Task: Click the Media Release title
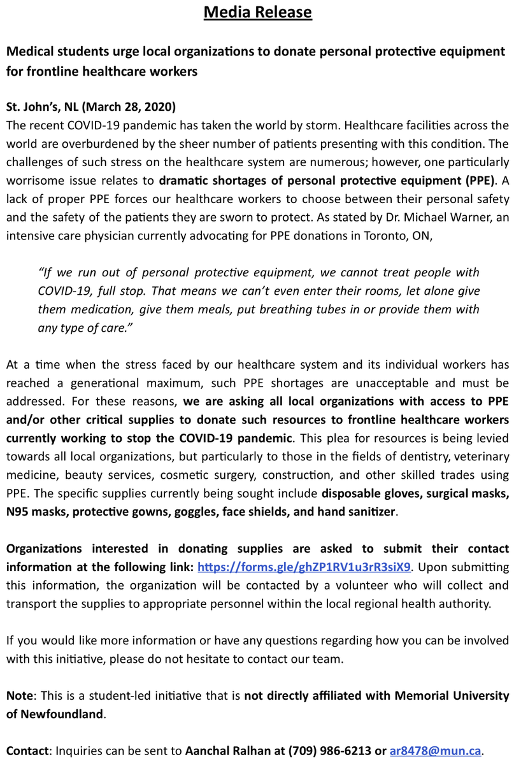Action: point(257,12)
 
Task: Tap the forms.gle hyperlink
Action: point(304,566)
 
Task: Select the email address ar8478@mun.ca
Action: point(436,751)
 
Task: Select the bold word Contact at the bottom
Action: point(27,751)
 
